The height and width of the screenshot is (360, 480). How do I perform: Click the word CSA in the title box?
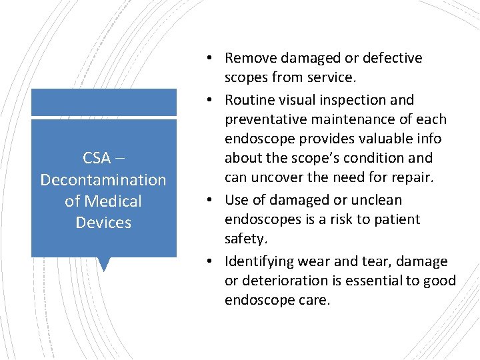(97, 158)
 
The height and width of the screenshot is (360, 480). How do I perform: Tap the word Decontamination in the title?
(103, 179)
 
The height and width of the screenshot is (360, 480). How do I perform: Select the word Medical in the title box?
(113, 201)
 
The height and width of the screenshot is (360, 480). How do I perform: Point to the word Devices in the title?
(103, 222)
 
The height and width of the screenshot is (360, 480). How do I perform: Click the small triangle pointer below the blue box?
(103, 264)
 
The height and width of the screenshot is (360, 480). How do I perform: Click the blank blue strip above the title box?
(103, 102)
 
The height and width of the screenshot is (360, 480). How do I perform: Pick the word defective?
(395, 58)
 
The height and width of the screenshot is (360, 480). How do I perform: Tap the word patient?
(398, 219)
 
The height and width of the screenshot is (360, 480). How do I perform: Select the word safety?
(245, 238)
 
